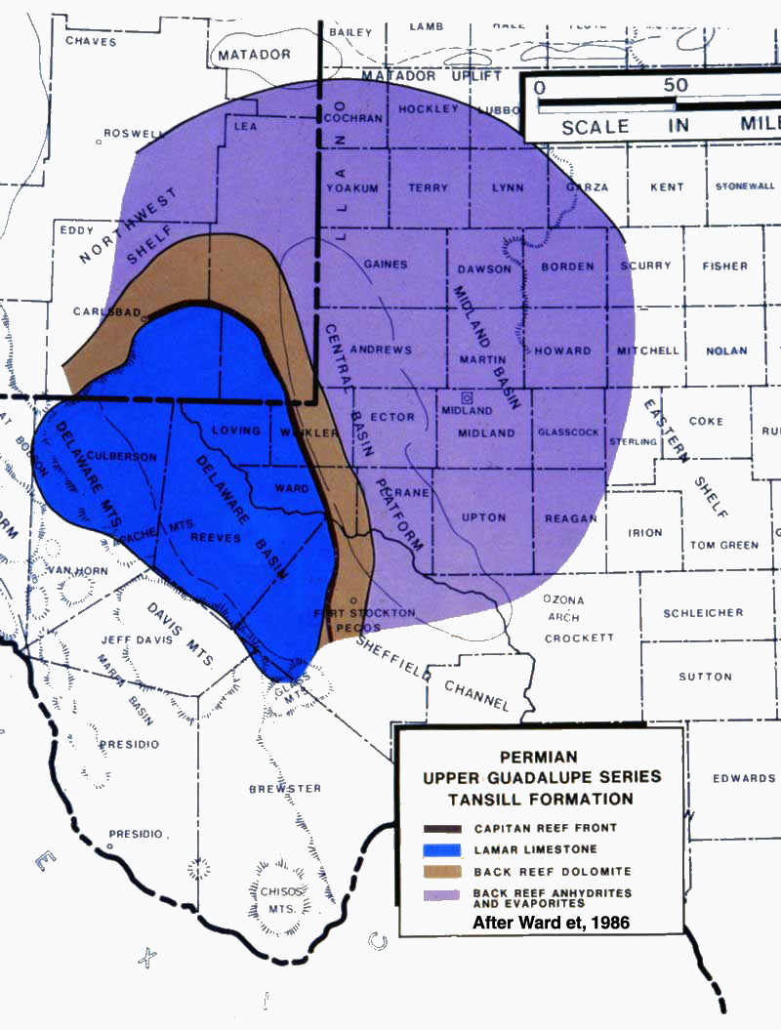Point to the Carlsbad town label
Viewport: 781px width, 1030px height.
[108, 313]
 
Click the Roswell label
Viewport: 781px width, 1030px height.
[133, 134]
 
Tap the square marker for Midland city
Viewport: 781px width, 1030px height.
[468, 398]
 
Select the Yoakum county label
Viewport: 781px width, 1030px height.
[351, 188]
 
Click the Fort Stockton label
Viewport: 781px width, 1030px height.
[365, 613]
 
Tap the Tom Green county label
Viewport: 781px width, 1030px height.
[724, 545]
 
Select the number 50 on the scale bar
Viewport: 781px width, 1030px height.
[676, 86]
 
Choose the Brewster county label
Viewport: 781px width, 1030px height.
[285, 788]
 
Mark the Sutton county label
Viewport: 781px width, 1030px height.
[705, 677]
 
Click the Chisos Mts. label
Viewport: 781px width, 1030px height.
[278, 898]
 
